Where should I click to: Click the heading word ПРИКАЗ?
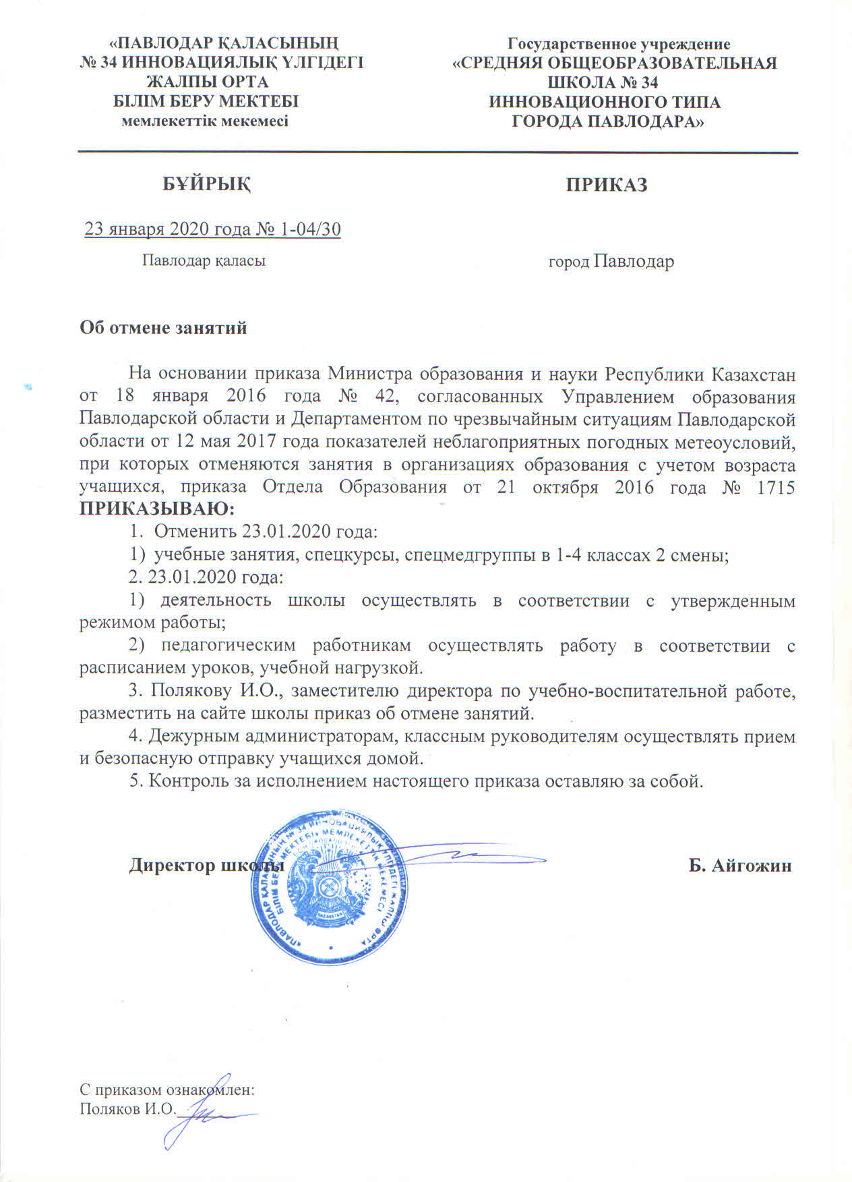607,185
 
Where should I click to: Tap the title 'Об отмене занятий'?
164,329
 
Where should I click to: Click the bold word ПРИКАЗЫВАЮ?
158,507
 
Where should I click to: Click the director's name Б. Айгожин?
739,866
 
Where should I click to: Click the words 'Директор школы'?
206,866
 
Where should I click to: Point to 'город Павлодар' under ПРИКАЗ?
611,262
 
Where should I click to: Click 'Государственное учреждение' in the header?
618,45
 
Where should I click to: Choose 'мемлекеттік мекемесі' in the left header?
204,121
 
